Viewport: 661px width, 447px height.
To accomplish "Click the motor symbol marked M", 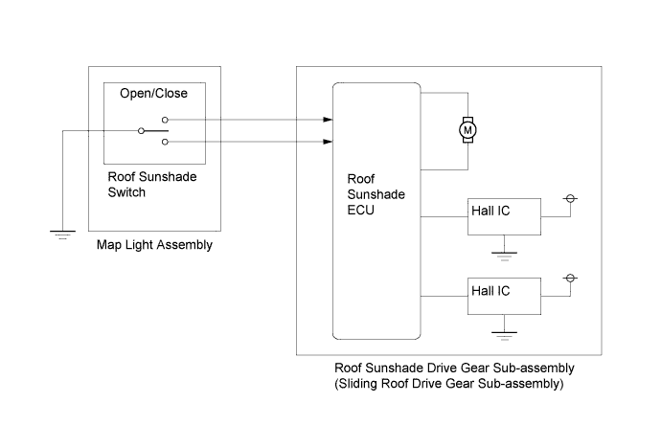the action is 467,130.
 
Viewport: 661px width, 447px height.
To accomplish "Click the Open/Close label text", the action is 153,93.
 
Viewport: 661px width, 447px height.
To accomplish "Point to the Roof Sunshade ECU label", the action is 376,194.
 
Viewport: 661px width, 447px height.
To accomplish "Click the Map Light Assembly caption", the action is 154,245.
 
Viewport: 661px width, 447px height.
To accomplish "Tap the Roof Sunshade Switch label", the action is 152,185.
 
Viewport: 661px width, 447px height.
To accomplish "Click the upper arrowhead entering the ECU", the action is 328,120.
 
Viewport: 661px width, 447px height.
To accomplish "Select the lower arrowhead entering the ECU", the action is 328,142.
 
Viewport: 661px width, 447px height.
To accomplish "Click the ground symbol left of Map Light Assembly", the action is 63,235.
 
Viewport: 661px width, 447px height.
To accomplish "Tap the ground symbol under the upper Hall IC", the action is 504,257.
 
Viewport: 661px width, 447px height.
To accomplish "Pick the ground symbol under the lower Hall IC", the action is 504,336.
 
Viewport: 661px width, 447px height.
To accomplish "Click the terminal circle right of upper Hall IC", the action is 570,198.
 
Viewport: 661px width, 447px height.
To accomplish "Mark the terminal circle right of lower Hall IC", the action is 570,278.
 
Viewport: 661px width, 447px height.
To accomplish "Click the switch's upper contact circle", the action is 165,120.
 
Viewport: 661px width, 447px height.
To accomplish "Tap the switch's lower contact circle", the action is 165,142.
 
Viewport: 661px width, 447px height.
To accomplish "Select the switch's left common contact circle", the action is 141,131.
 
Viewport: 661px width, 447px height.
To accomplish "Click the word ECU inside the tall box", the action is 360,210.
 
